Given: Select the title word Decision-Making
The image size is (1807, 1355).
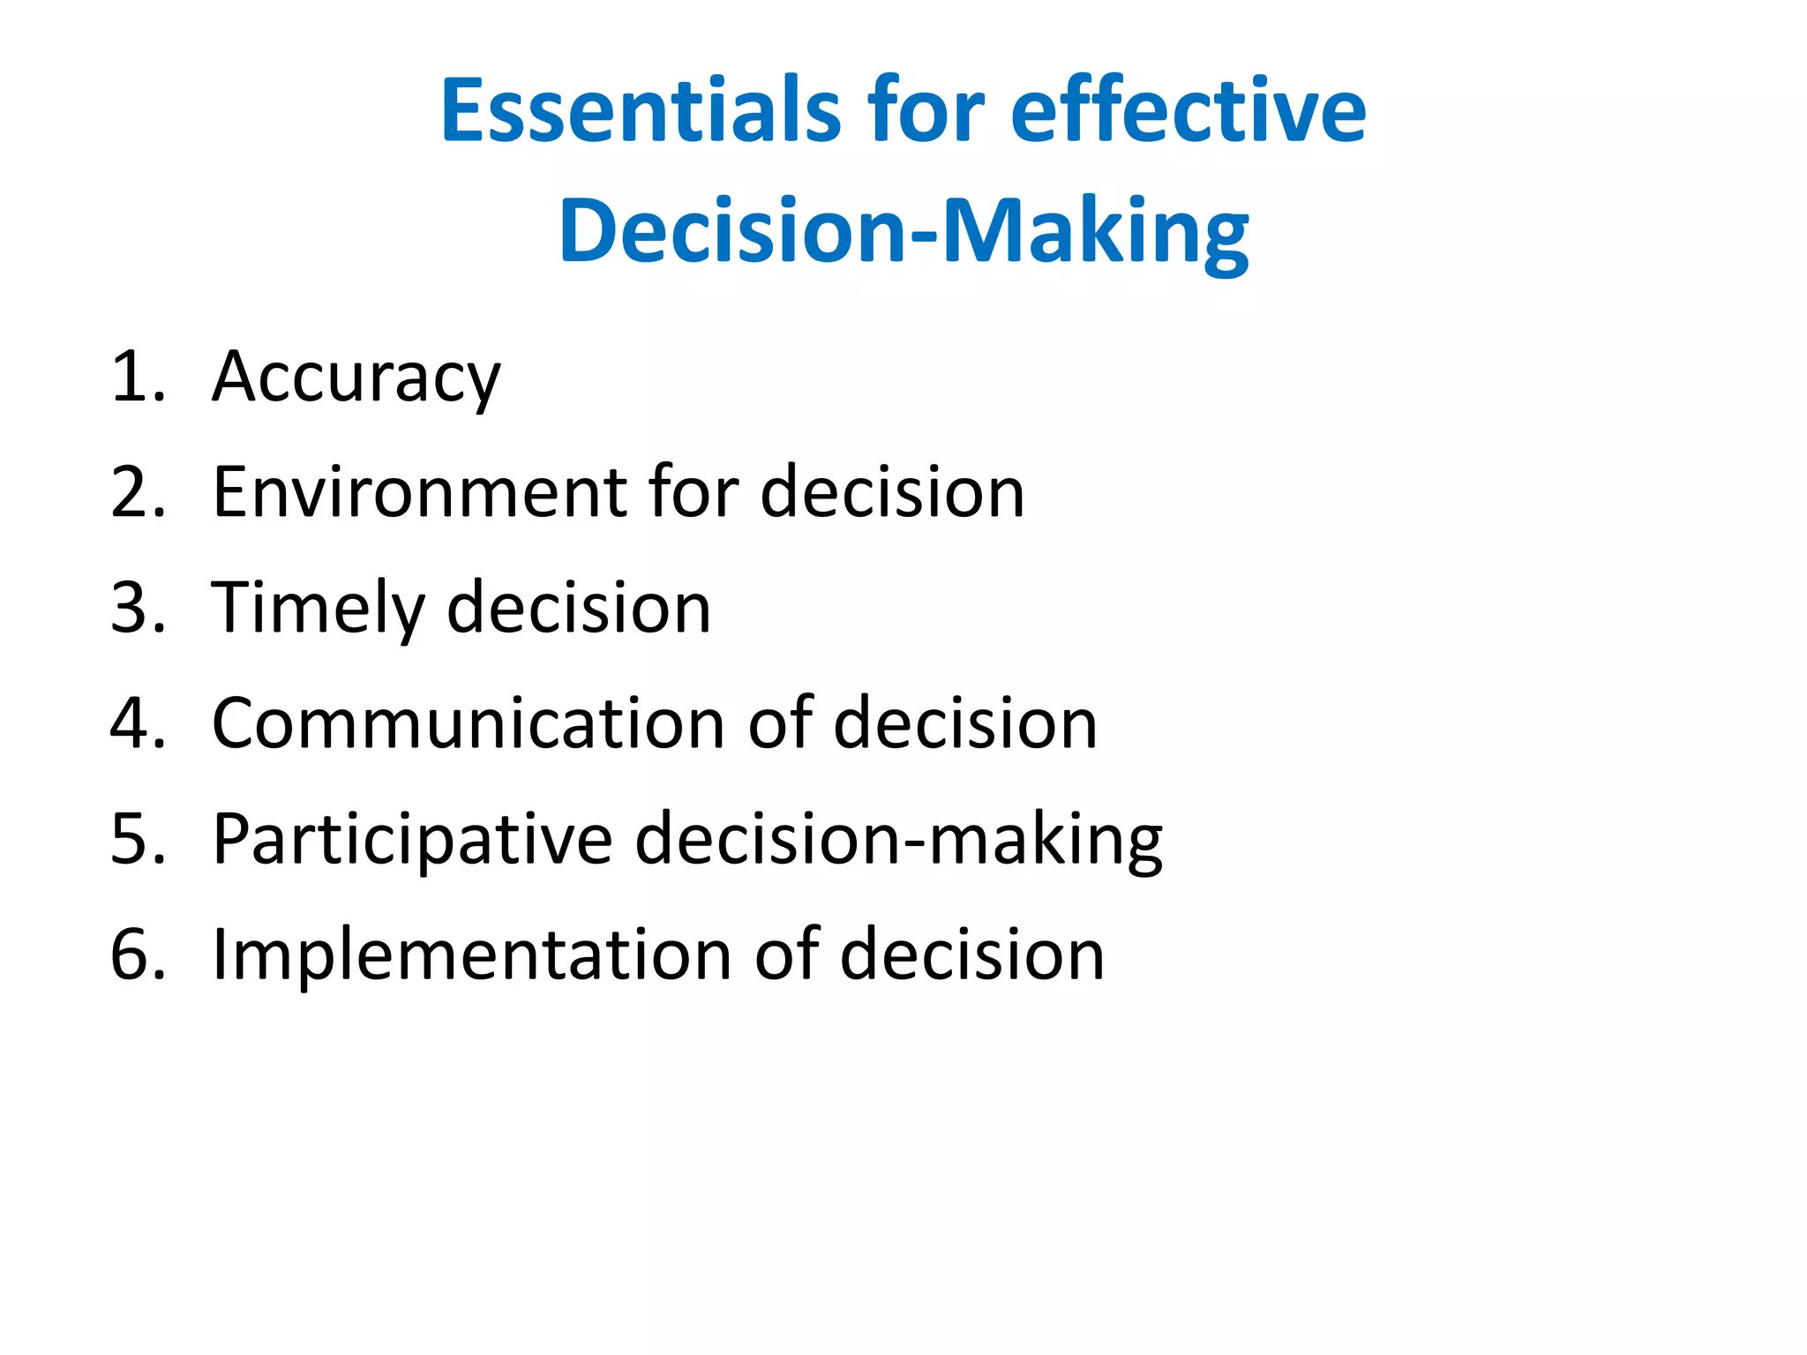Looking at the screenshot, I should pyautogui.click(x=903, y=231).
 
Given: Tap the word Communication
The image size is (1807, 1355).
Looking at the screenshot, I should pyautogui.click(x=469, y=723).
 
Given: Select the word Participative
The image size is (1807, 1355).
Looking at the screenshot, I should pyautogui.click(x=412, y=840).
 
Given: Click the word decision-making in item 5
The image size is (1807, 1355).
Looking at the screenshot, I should pyautogui.click(x=898, y=840).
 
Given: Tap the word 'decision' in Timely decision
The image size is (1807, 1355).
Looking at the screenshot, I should pyautogui.click(x=579, y=609).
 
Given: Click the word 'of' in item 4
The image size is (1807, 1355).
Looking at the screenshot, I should pyautogui.click(x=780, y=723).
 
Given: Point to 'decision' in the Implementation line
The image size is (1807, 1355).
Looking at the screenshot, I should pyautogui.click(x=972, y=954).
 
